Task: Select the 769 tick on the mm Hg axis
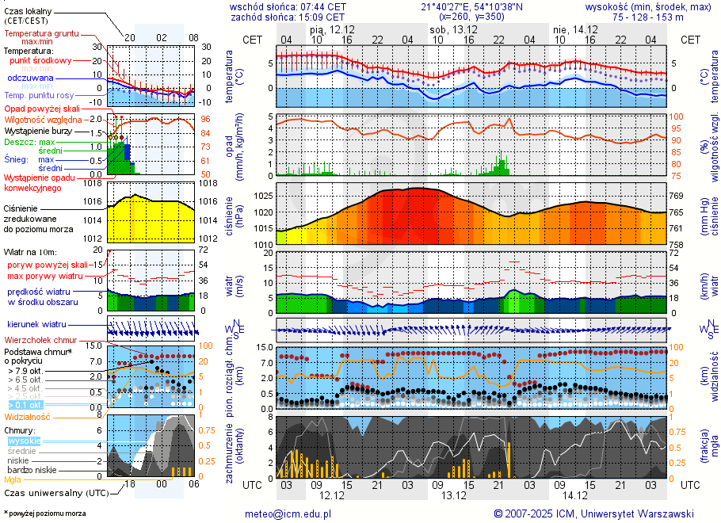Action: tap(677, 196)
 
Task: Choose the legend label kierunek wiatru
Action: tap(36, 324)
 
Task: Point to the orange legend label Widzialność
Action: tap(27, 416)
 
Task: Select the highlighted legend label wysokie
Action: tap(23, 441)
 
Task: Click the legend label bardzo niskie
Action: tap(31, 470)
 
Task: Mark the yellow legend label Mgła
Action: tap(13, 479)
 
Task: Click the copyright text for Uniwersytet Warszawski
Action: tap(593, 513)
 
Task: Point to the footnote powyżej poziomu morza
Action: tap(45, 513)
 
